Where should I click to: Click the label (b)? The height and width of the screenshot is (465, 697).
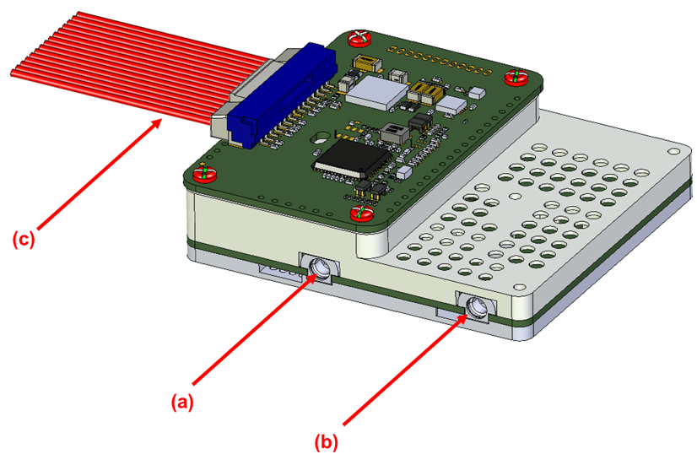(327, 440)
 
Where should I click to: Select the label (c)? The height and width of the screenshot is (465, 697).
(23, 240)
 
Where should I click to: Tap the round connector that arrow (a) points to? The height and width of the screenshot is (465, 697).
(321, 268)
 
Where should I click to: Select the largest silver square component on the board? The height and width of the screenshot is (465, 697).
(380, 90)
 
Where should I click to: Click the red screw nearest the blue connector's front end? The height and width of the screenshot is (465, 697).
(203, 174)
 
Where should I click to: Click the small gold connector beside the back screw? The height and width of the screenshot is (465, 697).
(367, 62)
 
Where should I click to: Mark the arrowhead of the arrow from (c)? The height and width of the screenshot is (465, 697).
(160, 123)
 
